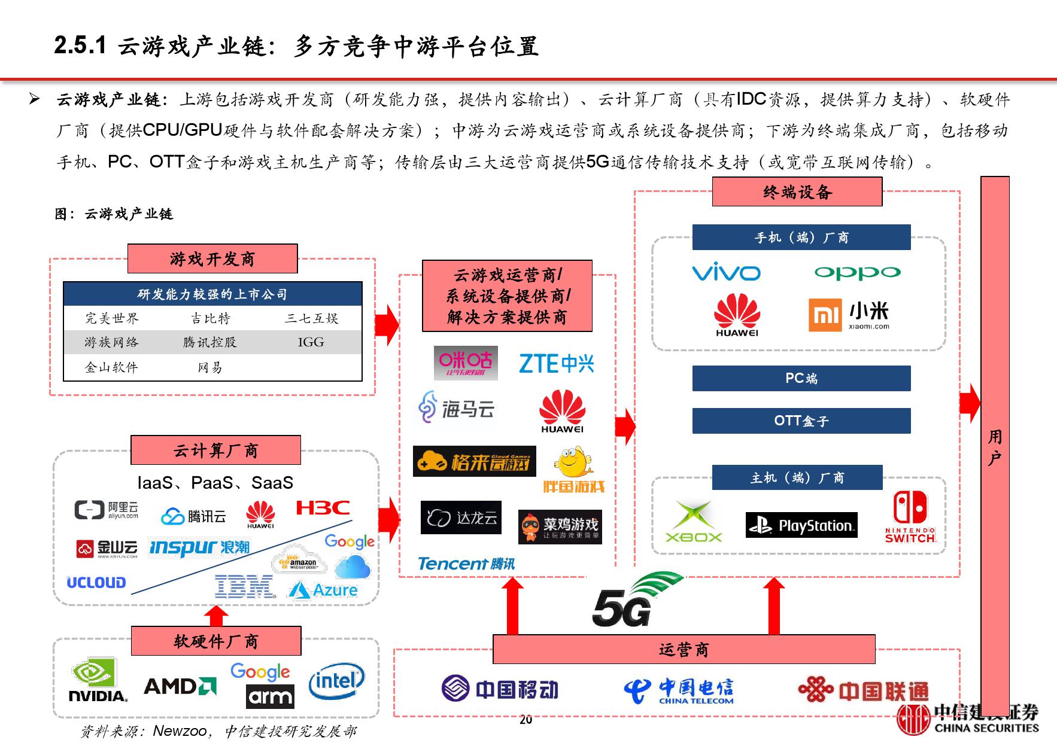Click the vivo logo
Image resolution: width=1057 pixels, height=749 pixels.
point(726,273)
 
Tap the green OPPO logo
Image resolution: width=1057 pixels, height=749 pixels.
point(857,273)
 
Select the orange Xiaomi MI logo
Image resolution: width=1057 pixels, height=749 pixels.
point(825,315)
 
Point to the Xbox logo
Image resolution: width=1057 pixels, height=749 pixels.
point(694,522)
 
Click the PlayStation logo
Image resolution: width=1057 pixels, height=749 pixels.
point(801,525)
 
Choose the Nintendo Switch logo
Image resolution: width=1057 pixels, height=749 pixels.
point(910,517)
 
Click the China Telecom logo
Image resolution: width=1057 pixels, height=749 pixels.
point(679,690)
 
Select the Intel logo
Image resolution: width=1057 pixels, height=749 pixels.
point(336,681)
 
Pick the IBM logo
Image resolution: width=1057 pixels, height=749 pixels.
point(244,587)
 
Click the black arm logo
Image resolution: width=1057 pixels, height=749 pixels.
point(270,697)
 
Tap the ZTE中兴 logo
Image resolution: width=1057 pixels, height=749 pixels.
point(556,363)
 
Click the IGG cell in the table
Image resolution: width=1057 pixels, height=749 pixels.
point(311,342)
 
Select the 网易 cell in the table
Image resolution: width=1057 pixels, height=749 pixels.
point(210,367)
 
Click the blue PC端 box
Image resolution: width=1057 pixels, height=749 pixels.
point(801,378)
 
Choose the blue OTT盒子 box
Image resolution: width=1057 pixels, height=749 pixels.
point(801,421)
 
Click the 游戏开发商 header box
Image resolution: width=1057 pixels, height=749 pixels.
point(212,259)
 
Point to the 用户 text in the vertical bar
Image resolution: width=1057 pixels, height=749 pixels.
point(995,447)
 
